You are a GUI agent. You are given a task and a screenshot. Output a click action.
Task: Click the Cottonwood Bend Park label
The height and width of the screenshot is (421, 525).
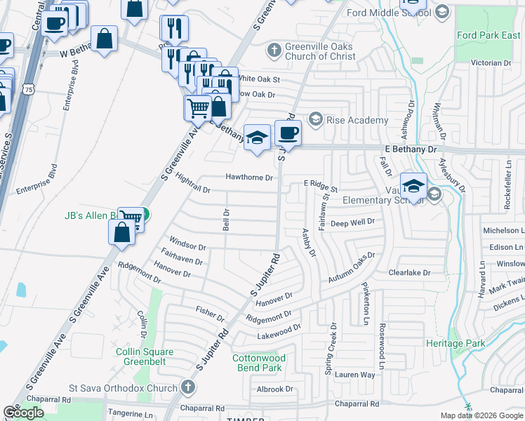pyautogui.click(x=258, y=363)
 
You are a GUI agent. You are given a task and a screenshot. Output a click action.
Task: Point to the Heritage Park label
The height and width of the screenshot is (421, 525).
pyautogui.click(x=455, y=343)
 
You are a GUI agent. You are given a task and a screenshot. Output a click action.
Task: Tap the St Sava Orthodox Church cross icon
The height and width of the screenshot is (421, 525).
pyautogui.click(x=187, y=387)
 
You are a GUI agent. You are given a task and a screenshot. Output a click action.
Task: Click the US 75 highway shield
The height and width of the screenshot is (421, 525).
pyautogui.click(x=27, y=89)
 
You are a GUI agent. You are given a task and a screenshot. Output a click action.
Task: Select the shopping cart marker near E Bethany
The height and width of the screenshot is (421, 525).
pyautogui.click(x=199, y=108)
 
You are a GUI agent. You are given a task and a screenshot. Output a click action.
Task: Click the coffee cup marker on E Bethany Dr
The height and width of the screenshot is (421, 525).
pyautogui.click(x=287, y=132)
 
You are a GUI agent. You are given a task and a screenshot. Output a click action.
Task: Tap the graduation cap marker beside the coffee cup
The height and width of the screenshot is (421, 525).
pyautogui.click(x=258, y=136)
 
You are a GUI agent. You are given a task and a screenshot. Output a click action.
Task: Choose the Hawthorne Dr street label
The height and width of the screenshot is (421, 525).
pyautogui.click(x=248, y=178)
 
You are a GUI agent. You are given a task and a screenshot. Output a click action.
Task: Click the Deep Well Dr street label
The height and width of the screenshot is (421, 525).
pyautogui.click(x=352, y=222)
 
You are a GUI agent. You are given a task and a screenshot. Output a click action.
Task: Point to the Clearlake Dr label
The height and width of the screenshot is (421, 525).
pyautogui.click(x=408, y=272)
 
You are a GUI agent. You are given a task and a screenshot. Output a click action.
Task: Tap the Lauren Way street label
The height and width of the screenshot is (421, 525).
pyautogui.click(x=354, y=375)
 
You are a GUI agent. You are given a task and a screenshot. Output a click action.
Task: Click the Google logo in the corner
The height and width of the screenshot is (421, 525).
pyautogui.click(x=23, y=413)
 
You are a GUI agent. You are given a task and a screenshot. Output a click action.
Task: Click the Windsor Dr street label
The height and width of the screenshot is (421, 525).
pyautogui.click(x=187, y=247)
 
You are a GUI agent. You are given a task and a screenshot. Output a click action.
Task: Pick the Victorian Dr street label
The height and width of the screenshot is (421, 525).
pyautogui.click(x=491, y=62)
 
